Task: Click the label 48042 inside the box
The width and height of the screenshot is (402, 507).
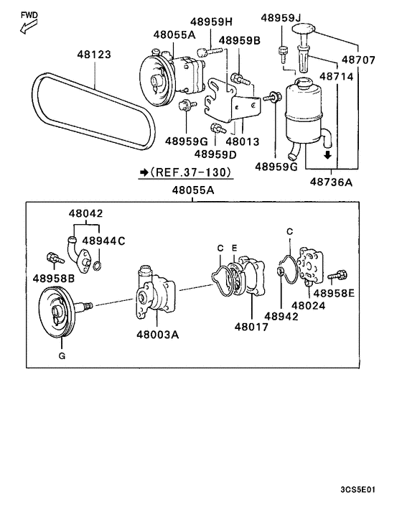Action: pos(86,213)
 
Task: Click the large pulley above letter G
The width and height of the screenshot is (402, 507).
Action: pos(58,312)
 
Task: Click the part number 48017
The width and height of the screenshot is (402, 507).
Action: pos(251,327)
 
